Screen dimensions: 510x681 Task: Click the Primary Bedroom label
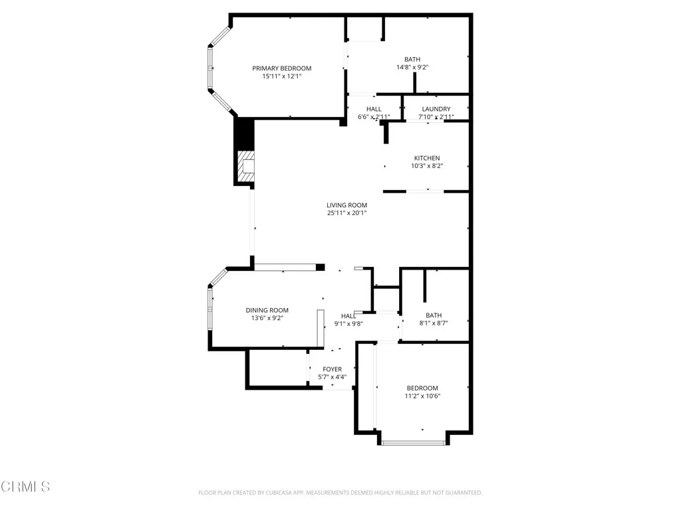coord(281,68)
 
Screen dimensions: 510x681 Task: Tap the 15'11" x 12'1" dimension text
coord(281,76)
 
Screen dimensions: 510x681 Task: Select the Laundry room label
coord(436,109)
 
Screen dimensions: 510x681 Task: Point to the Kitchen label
coord(426,158)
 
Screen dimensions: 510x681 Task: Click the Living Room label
coord(346,205)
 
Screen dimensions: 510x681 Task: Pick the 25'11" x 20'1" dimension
coord(346,213)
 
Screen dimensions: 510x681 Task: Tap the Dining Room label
coord(267,310)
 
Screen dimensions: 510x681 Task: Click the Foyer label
coord(332,369)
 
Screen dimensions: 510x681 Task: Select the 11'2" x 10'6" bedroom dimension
coord(422,396)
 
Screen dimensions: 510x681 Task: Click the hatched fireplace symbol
coord(247,166)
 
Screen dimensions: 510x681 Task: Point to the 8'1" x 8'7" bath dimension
coord(434,323)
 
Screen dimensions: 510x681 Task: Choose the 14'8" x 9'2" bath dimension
coord(412,67)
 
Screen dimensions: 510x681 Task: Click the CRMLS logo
coord(25,487)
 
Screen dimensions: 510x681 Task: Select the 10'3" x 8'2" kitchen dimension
coord(426,166)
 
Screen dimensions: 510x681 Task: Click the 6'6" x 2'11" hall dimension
coord(373,117)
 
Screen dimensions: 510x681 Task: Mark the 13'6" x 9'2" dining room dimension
coord(267,318)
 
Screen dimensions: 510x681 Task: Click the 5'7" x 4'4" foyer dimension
coord(332,377)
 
